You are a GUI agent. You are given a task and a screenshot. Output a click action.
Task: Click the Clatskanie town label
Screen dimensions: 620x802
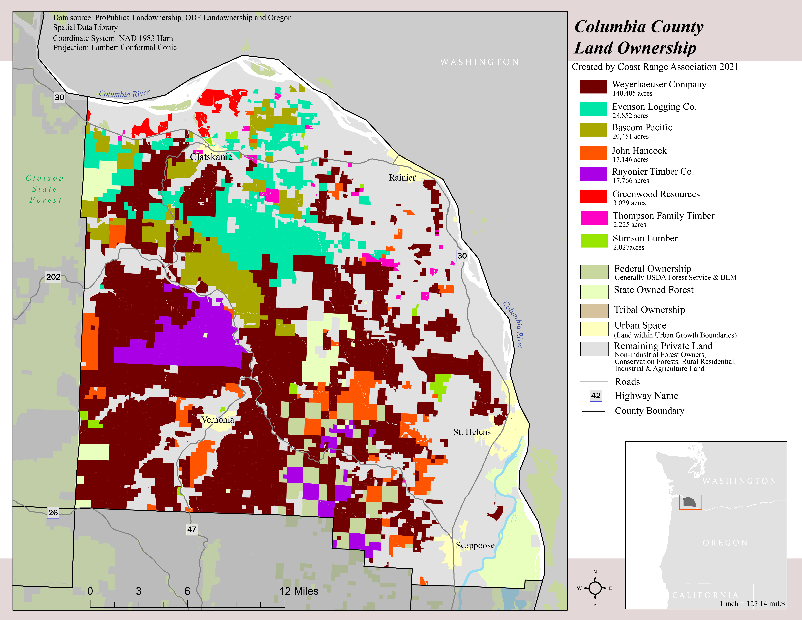point(211,157)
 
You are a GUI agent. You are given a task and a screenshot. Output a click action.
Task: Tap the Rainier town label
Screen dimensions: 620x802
point(402,178)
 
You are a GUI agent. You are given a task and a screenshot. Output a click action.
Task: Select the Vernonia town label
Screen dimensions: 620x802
point(217,420)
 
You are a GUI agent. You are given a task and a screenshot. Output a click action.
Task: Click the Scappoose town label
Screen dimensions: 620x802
point(475,545)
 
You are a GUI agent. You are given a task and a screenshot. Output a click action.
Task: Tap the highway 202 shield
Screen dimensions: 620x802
point(53,277)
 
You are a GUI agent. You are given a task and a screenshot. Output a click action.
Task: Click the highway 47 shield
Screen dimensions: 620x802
point(192,529)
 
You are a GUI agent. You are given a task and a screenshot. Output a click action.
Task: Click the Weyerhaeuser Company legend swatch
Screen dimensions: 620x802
point(593,87)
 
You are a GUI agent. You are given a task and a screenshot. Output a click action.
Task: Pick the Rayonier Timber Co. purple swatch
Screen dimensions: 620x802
point(593,174)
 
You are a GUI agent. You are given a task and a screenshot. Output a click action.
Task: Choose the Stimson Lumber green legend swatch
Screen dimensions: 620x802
point(593,241)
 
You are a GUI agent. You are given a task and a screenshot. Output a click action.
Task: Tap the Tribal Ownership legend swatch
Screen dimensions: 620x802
point(594,310)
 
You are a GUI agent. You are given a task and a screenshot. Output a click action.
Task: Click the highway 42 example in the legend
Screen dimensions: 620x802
point(596,396)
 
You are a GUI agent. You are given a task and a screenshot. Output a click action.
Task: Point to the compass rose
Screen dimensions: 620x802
point(595,588)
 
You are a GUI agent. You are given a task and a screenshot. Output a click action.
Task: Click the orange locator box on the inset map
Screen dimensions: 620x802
point(690,502)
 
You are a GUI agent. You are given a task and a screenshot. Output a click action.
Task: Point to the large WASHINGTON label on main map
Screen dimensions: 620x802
point(480,62)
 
